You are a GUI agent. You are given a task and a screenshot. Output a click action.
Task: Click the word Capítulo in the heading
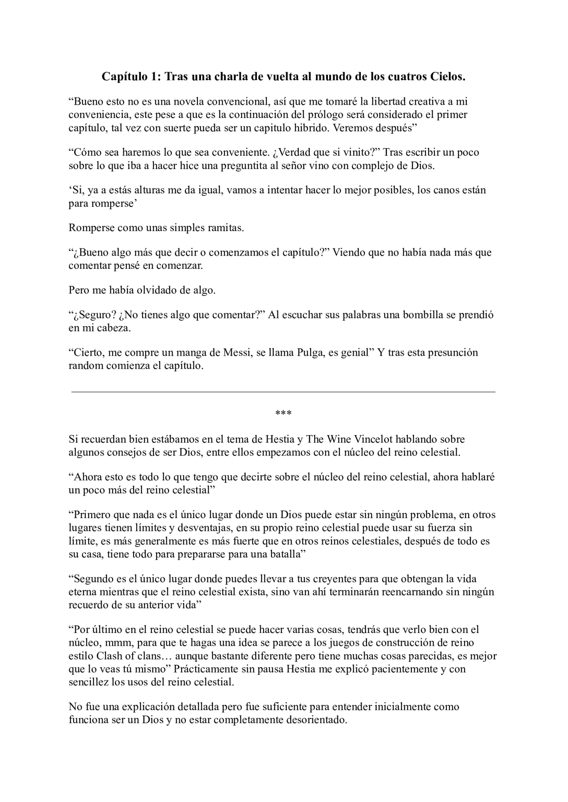tap(124, 77)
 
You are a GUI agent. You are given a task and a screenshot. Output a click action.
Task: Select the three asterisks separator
tap(283, 413)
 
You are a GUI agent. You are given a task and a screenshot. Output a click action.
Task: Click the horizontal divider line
tap(283, 392)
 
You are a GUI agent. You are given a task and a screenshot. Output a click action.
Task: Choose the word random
tap(85, 366)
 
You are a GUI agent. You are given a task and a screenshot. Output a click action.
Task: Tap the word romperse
tap(111, 204)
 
